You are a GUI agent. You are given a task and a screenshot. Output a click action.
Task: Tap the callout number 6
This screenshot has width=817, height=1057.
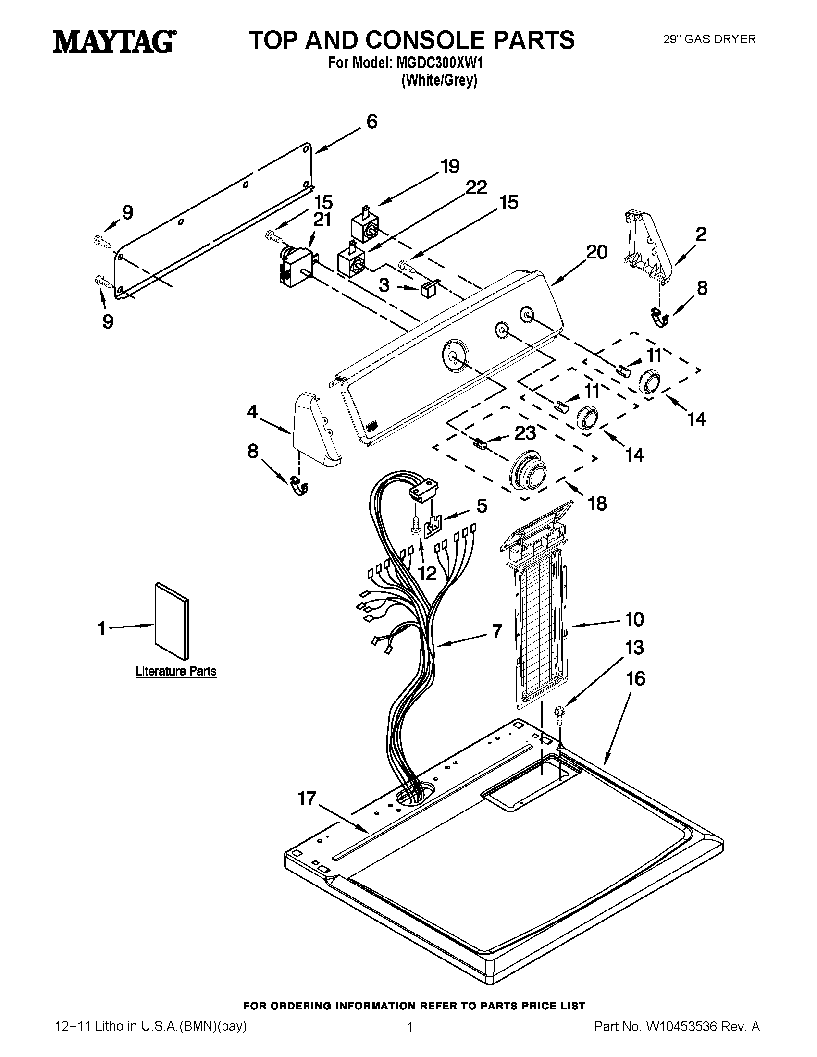371,122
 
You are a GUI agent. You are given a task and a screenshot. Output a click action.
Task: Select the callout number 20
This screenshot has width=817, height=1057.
596,252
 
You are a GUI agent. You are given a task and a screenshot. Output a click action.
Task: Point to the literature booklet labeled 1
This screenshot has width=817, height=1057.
172,621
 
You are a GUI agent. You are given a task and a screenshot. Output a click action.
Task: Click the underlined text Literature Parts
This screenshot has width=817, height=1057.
176,671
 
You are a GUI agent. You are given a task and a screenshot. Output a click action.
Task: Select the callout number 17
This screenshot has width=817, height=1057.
307,798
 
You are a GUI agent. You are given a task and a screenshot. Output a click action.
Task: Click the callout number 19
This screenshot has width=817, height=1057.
450,167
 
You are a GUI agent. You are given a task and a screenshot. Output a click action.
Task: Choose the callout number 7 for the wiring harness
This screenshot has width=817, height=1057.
497,631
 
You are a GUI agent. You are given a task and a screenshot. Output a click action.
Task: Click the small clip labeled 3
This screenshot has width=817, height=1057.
426,288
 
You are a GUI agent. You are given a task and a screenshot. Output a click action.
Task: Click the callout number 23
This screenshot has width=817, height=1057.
525,433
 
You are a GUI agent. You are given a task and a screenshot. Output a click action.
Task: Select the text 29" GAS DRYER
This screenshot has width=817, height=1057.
709,39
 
